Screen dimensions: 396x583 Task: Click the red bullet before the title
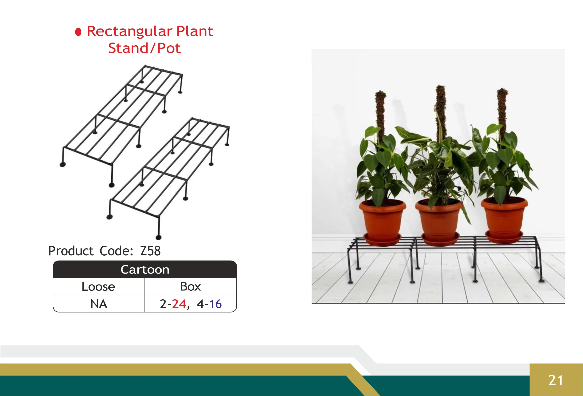(x=78, y=32)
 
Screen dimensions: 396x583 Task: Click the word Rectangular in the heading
(x=129, y=31)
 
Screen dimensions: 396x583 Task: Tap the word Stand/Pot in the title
(x=144, y=48)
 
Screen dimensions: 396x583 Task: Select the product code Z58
(x=150, y=251)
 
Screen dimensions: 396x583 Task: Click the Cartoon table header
(x=145, y=269)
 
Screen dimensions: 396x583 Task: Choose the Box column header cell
(x=190, y=286)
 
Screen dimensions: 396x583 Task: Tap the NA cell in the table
(x=99, y=304)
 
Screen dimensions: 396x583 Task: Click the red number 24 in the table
(x=179, y=304)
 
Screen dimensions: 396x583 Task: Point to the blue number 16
(x=215, y=304)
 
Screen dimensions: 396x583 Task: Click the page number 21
(x=556, y=380)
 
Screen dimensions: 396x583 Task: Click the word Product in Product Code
(x=71, y=251)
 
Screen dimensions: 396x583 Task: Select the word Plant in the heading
(x=194, y=31)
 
